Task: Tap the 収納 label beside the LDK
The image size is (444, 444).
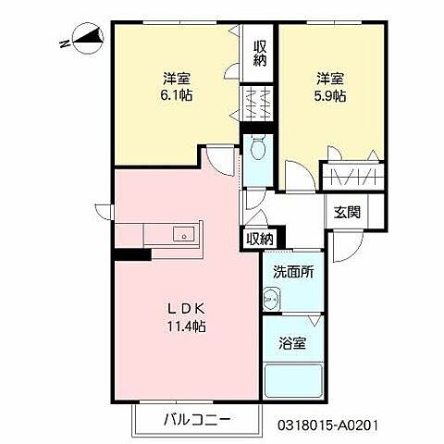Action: (x=260, y=239)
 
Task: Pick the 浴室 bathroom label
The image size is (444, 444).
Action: (x=292, y=342)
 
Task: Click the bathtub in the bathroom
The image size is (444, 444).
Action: (x=292, y=380)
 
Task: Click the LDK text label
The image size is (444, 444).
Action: (x=187, y=308)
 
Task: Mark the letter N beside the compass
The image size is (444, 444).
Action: (x=62, y=43)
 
